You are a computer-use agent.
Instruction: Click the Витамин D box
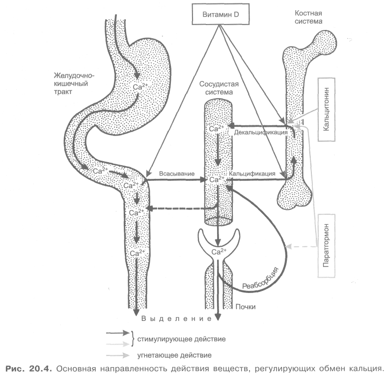tap(221, 14)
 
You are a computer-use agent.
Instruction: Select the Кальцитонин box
tap(326, 110)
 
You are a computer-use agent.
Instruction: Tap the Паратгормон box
tap(326, 246)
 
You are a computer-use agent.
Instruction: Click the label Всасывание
tap(177, 174)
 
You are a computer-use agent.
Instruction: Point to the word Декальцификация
tap(261, 132)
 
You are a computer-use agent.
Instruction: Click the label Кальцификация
tap(252, 174)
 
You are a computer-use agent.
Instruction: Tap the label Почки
tap(246, 307)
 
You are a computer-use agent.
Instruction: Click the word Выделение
tap(176, 319)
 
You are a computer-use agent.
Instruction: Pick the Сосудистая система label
tap(219, 88)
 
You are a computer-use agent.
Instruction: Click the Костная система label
tap(308, 17)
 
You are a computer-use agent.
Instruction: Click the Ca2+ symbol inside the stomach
tap(140, 87)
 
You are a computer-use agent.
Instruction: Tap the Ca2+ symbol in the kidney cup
tap(219, 252)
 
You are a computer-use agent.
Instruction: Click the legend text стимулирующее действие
tap(181, 339)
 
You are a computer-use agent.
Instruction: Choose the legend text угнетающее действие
tap(174, 355)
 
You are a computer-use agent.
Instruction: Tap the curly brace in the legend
tap(133, 339)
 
